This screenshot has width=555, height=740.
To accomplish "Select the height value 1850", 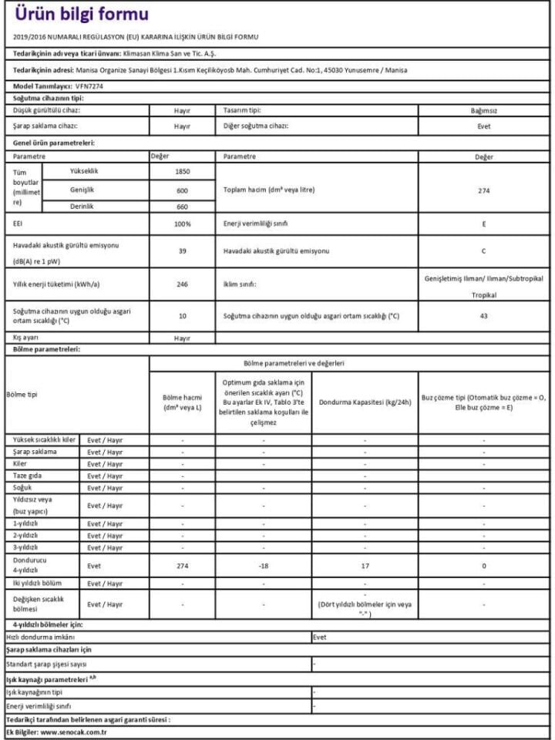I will pyautogui.click(x=182, y=171).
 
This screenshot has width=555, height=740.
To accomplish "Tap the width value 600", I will pyautogui.click(x=182, y=190).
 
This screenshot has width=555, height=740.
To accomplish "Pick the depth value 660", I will pyautogui.click(x=182, y=206).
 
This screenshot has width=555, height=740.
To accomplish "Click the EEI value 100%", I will pyautogui.click(x=182, y=224).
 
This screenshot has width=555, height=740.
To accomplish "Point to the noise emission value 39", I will pyautogui.click(x=182, y=251).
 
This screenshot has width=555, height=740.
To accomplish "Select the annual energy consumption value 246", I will pyautogui.click(x=182, y=284).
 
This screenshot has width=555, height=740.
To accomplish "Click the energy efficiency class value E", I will pyautogui.click(x=483, y=224).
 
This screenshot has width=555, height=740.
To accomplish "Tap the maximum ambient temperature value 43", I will pyautogui.click(x=483, y=315).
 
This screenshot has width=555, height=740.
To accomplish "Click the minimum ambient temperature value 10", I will pyautogui.click(x=182, y=315).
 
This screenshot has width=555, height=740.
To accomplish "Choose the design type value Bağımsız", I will pyautogui.click(x=483, y=110).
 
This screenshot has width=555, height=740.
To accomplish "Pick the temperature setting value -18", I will pyautogui.click(x=264, y=565).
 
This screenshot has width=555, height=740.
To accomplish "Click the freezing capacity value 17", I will pyautogui.click(x=365, y=565).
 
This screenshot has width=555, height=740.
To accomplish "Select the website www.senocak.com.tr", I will pyautogui.click(x=72, y=732).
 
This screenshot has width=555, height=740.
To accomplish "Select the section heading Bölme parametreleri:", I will pyautogui.click(x=47, y=349).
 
